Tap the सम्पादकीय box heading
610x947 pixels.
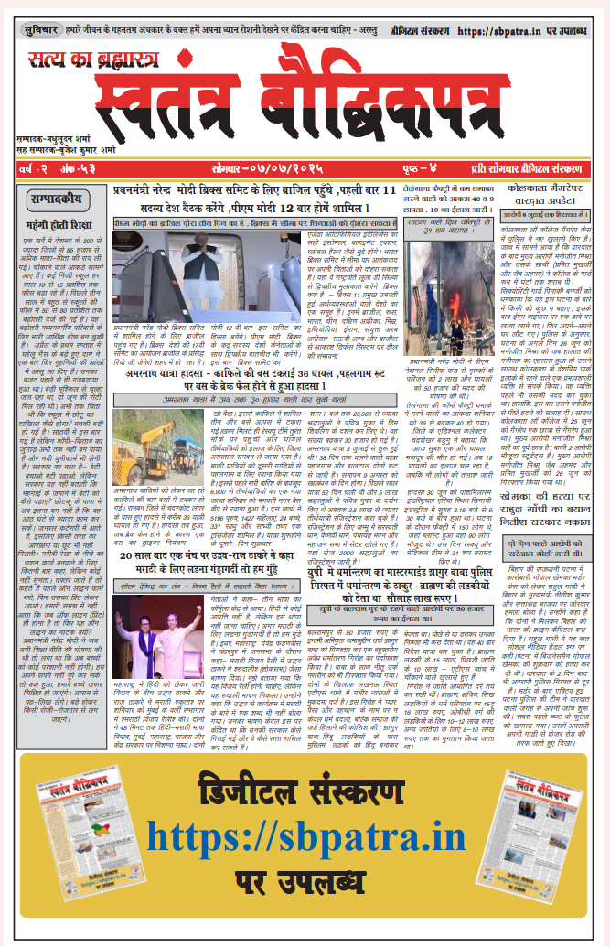point(55,197)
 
